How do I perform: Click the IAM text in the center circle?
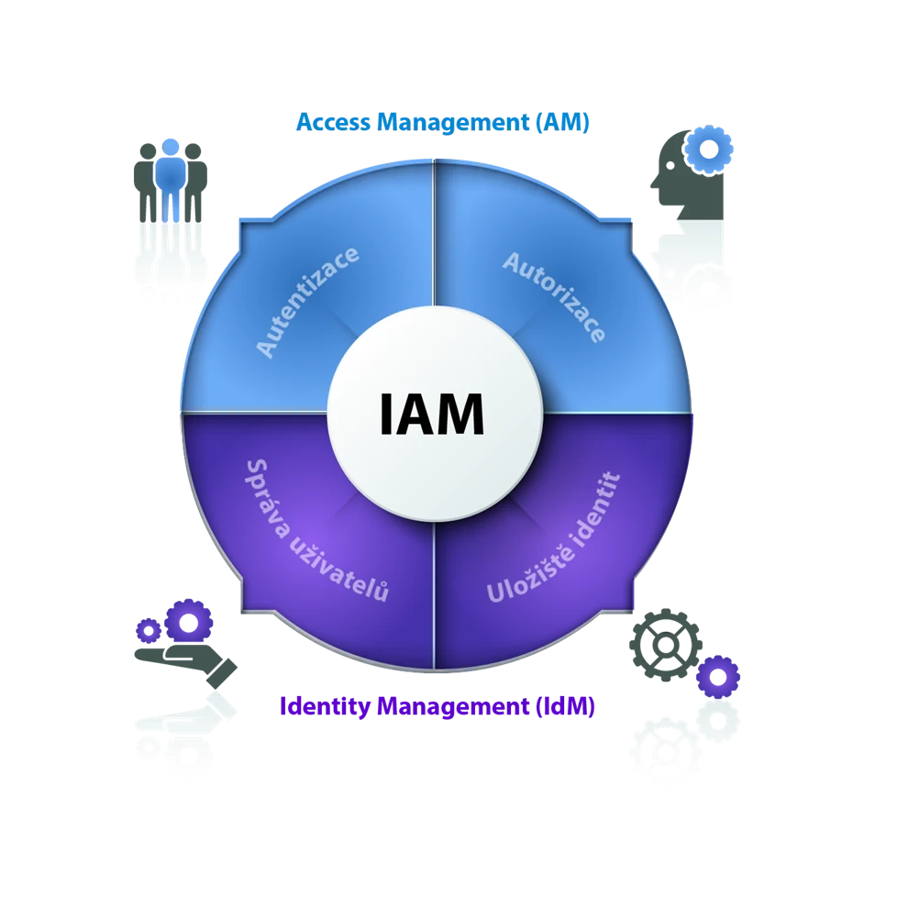click(x=431, y=415)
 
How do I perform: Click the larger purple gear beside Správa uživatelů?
click(x=189, y=622)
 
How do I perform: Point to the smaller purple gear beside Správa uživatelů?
click(x=148, y=630)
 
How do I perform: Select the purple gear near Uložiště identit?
click(x=718, y=678)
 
